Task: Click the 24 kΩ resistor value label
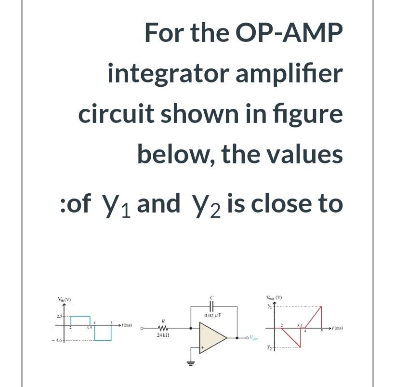[162, 334]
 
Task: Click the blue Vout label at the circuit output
[256, 338]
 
